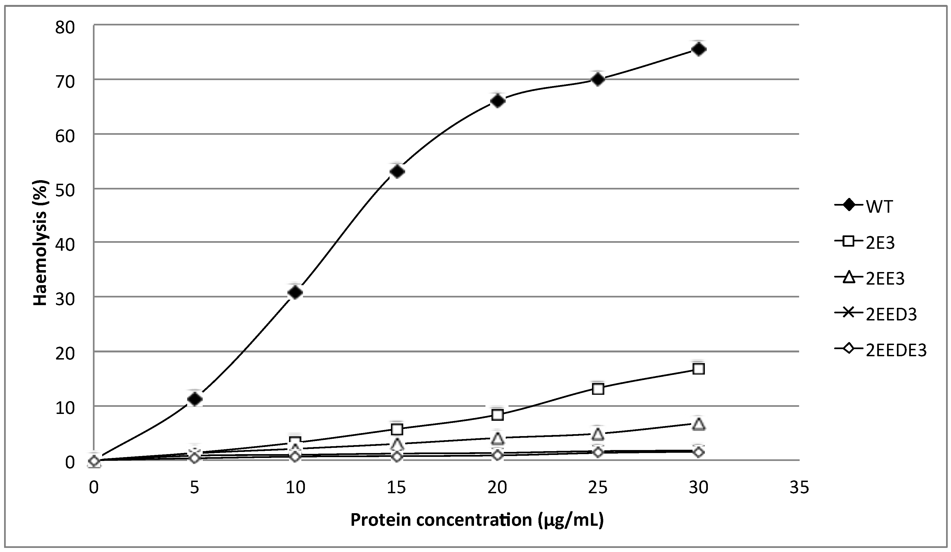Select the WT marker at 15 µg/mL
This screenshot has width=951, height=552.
[x=397, y=171]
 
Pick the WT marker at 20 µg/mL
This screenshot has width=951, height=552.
[x=497, y=101]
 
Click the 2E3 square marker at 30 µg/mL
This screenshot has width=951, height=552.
[x=699, y=369]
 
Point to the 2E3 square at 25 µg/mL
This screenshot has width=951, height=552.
[x=598, y=389]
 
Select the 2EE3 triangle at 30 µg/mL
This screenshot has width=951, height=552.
[x=699, y=424]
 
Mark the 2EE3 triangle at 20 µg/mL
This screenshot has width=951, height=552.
[x=497, y=438]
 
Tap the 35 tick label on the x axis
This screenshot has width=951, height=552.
[x=799, y=488]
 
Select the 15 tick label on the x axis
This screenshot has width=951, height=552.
[x=396, y=488]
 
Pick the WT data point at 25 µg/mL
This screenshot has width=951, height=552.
[x=598, y=79]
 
